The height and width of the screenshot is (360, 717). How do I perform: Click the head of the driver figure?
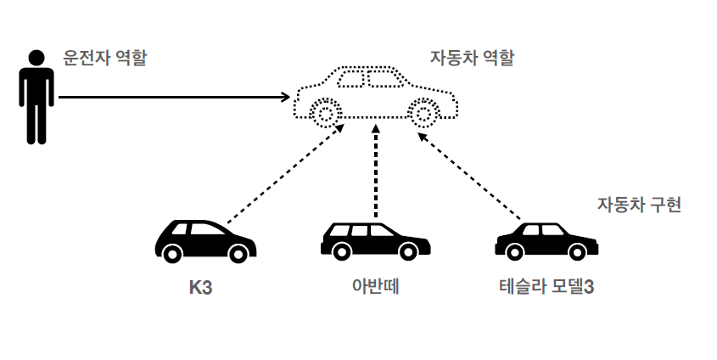[36, 58]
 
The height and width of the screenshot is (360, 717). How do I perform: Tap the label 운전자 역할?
[104, 58]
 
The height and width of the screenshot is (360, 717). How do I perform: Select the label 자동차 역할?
[473, 58]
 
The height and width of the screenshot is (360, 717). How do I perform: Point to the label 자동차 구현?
[639, 204]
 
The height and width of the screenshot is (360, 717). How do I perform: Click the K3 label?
[201, 288]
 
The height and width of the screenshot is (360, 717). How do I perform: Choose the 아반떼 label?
[376, 286]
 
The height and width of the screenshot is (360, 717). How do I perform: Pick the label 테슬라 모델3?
[546, 287]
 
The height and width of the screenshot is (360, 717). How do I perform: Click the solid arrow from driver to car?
[174, 97]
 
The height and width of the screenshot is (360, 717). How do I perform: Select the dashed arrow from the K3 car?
[285, 173]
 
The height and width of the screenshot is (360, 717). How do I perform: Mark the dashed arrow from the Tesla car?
[469, 177]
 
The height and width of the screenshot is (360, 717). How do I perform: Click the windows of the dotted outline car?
[371, 79]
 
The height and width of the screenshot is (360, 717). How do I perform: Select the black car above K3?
[206, 241]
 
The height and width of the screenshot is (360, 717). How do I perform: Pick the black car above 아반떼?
[375, 241]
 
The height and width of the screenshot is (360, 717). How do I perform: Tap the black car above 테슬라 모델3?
[546, 241]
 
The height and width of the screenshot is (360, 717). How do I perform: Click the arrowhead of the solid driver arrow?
[286, 97]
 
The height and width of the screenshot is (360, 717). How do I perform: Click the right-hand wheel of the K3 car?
[238, 253]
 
